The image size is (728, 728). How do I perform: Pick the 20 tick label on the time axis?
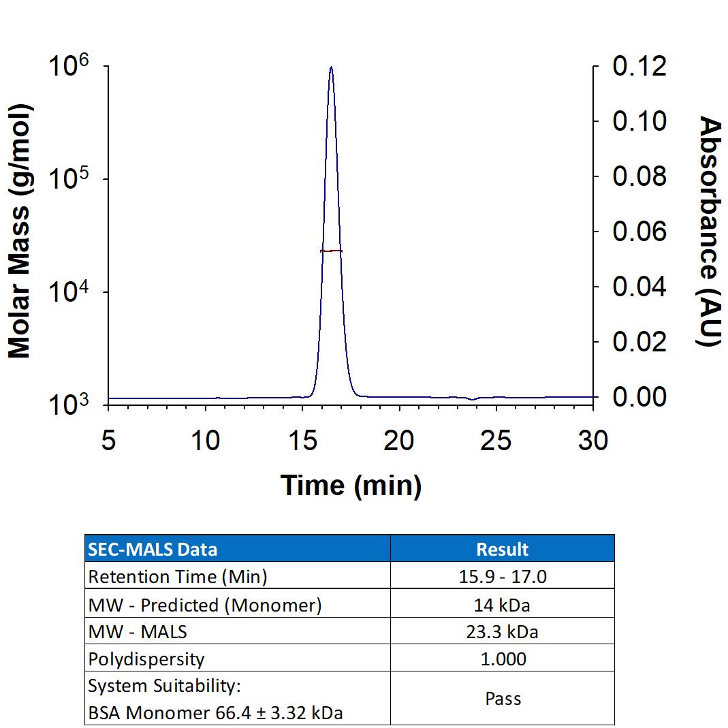point(398,441)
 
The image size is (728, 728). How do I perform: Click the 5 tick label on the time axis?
point(108,441)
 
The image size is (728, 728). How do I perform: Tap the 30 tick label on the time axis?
point(592,441)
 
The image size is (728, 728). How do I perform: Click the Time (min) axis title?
point(351,486)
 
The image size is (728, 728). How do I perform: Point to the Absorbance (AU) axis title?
point(710,232)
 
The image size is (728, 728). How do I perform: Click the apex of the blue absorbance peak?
point(331,67)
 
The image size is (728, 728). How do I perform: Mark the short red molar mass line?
point(331,251)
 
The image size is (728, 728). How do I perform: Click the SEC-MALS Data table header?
point(153,549)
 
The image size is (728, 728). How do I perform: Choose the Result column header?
point(503,549)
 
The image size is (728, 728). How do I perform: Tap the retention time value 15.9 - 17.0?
point(503,577)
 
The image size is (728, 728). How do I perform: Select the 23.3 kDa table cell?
point(503,632)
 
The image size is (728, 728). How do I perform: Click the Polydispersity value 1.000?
point(503,659)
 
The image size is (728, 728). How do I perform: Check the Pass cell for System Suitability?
point(503,699)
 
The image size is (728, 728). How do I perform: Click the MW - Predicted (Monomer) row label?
point(204,605)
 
